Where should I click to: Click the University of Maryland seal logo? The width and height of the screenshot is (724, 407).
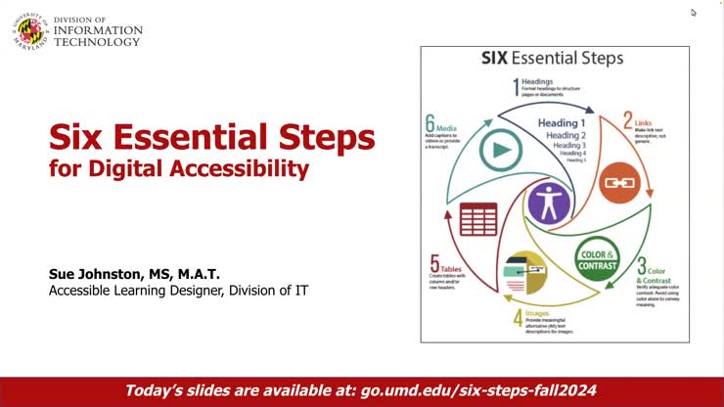coord(28,29)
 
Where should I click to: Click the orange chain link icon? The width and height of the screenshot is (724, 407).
coord(618,182)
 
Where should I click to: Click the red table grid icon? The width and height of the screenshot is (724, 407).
coord(478,219)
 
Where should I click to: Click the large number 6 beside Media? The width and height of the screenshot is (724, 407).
coord(430,124)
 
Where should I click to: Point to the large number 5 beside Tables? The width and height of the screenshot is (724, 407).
coord(433,262)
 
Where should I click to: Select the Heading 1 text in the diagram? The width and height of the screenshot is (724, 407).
coord(562,123)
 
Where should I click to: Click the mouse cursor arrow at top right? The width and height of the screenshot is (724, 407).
coord(694,13)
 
